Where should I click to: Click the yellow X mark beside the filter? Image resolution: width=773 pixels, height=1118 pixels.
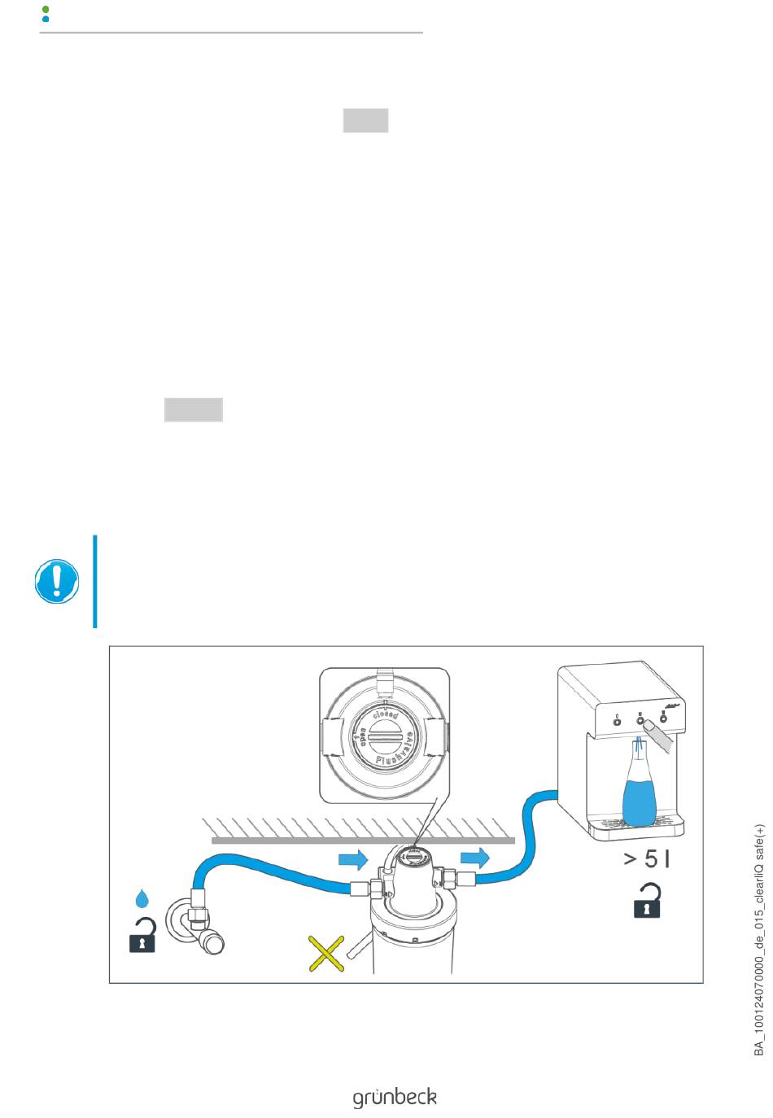[x=326, y=953]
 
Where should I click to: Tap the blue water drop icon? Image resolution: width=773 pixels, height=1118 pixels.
[x=142, y=898]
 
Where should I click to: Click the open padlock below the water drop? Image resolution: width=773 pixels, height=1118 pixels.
[x=142, y=936]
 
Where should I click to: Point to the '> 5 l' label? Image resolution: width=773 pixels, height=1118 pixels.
[x=647, y=858]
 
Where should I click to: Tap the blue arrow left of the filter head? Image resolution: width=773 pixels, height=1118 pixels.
[x=352, y=858]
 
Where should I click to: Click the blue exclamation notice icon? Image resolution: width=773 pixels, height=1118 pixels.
[x=56, y=581]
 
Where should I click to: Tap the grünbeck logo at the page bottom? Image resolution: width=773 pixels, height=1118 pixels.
[x=395, y=1097]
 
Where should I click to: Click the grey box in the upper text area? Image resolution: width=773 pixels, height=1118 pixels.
[x=365, y=120]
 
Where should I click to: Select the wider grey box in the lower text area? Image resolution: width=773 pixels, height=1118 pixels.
[x=194, y=409]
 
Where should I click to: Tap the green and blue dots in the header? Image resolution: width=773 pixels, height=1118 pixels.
[x=46, y=13]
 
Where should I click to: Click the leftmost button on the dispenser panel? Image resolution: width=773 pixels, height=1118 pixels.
[x=617, y=719]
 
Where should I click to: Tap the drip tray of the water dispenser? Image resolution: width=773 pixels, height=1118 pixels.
[x=639, y=825]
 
